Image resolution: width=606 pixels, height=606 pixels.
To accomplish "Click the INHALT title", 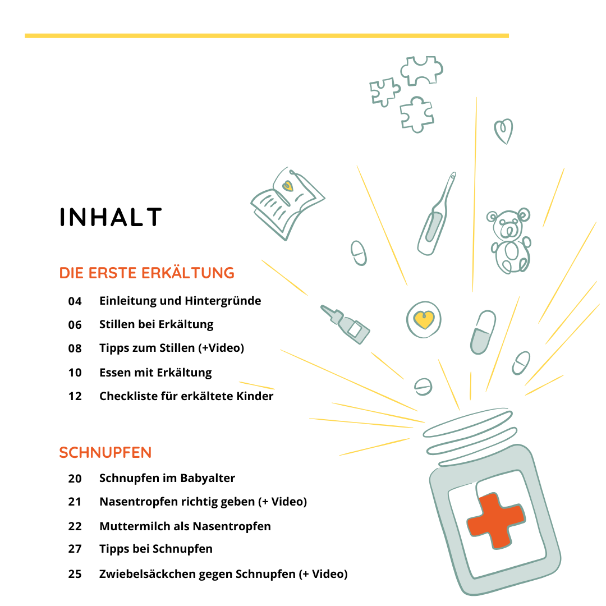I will (111, 217).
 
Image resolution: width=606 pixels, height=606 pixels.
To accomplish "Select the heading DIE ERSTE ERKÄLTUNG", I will (146, 273).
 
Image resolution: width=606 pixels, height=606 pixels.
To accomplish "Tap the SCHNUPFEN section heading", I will (105, 453).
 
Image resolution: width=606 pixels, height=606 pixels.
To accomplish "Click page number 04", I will (75, 301).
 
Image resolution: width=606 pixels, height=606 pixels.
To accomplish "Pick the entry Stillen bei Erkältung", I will (156, 324).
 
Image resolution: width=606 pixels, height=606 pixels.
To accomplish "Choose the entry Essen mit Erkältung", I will (155, 373).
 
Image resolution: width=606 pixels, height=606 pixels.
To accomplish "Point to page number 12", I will (75, 396).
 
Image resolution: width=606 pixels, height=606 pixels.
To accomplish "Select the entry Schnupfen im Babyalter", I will (167, 478).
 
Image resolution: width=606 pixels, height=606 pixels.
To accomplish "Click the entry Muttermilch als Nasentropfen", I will (185, 526).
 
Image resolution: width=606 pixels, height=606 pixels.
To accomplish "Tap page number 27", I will (75, 549).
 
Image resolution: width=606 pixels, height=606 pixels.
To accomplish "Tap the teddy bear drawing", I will (509, 241).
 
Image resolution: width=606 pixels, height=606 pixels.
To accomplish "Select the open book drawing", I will (287, 203).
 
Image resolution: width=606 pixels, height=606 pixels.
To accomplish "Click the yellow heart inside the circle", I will (424, 320).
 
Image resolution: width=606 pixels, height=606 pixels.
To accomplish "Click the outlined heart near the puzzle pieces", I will (503, 131).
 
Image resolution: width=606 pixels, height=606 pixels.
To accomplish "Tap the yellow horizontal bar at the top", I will (267, 36).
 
